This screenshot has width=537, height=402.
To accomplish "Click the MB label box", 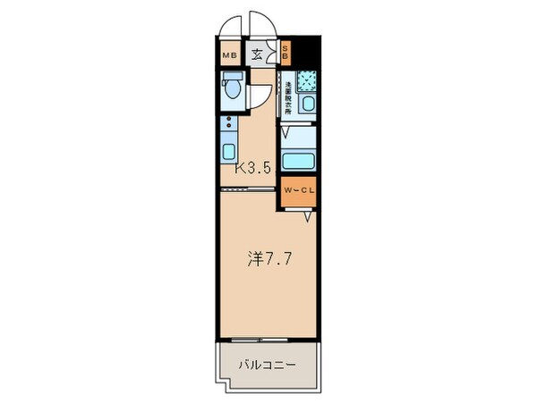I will (228, 54).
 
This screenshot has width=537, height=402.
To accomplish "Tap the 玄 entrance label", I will (256, 54).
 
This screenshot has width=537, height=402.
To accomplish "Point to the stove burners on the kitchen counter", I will (228, 122).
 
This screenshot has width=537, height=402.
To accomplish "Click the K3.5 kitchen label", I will (253, 167).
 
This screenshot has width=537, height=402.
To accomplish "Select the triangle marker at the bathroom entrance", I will (286, 132).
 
